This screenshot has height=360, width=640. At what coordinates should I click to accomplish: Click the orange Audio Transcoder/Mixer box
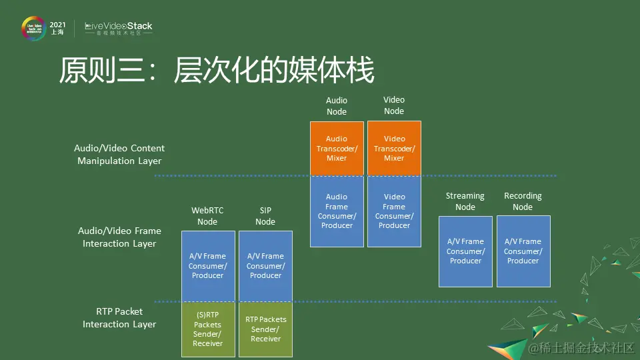(337, 149)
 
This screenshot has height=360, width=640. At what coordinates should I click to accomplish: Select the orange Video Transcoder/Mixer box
(394, 149)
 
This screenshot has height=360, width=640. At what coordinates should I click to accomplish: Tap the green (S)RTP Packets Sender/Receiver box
(208, 329)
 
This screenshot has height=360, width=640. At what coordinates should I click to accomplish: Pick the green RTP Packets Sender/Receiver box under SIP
(265, 329)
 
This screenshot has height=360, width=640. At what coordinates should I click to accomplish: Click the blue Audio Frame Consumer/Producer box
(337, 211)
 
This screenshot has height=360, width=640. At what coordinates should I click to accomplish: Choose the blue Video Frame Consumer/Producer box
(394, 211)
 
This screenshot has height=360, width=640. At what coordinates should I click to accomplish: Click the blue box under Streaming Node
(465, 251)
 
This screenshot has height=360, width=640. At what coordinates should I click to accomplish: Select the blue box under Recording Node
(523, 251)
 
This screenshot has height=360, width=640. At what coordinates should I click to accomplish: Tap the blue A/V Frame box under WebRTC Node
(208, 266)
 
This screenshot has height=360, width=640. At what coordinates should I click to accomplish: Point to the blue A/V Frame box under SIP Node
(265, 266)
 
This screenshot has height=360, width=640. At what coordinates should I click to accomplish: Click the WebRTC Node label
(207, 216)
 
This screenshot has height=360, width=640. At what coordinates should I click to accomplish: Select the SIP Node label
(265, 216)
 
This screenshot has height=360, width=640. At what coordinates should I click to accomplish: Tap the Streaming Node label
(465, 201)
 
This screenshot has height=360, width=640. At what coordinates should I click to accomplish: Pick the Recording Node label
(523, 201)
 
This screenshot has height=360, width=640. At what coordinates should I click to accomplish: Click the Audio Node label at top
(337, 106)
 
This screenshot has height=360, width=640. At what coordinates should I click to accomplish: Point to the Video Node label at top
(394, 105)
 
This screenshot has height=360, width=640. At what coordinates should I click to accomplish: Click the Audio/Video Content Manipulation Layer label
(119, 154)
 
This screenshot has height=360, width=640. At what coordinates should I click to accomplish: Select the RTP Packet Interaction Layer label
(119, 317)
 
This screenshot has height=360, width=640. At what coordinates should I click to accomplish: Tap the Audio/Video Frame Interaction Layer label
(119, 237)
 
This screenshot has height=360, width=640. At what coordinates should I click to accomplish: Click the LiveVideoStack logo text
(119, 27)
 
